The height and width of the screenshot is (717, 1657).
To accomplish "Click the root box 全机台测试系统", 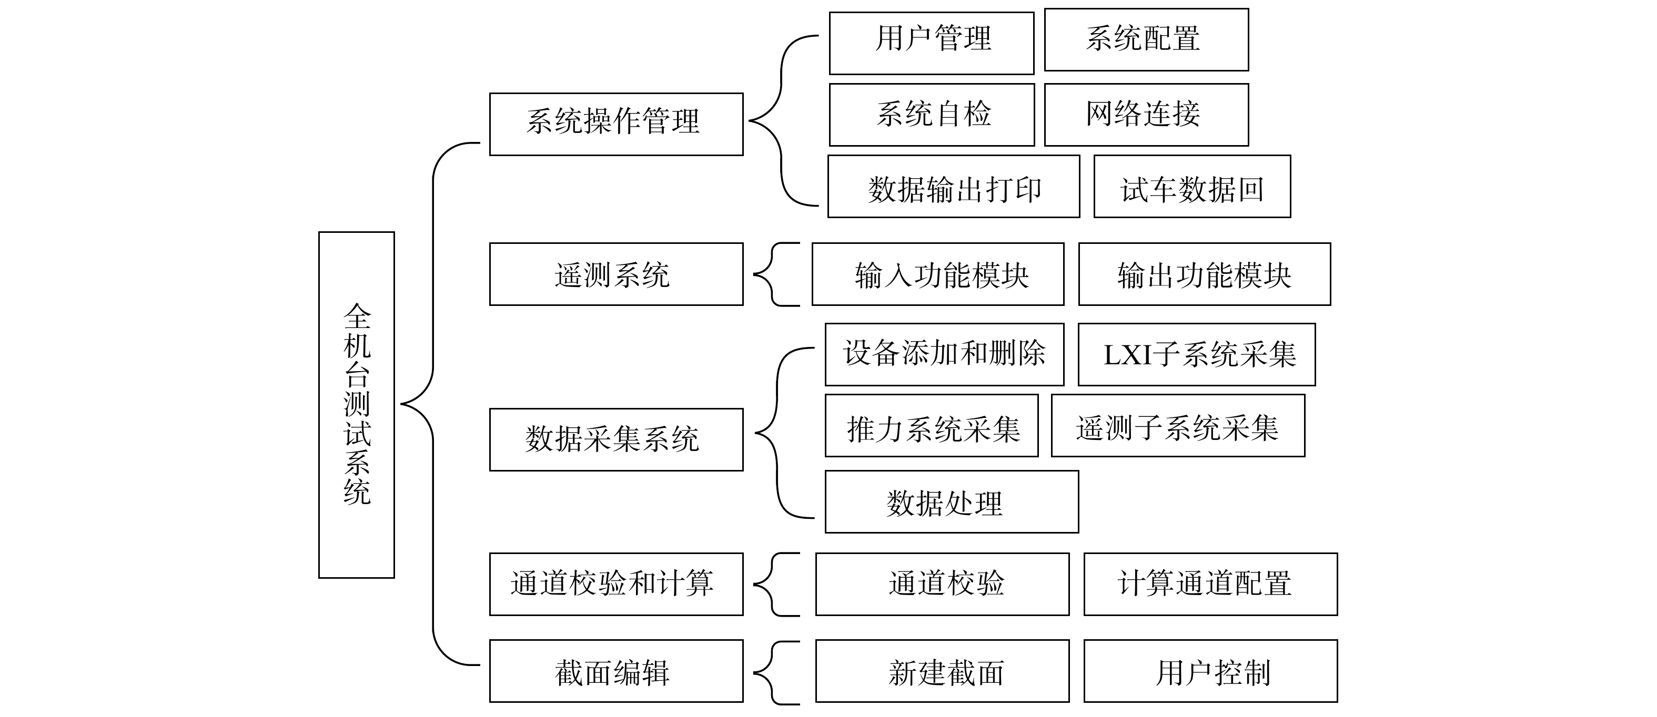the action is (x=356, y=404).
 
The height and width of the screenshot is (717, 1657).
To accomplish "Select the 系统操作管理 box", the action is (x=616, y=124).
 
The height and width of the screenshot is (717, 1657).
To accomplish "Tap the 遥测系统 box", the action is (x=616, y=274).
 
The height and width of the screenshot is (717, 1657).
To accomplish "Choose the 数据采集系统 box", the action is (x=616, y=440).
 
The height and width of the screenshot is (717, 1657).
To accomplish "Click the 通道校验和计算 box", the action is (x=616, y=584).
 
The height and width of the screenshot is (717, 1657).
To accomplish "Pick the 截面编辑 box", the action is (x=616, y=671).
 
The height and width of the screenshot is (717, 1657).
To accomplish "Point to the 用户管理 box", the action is (x=932, y=43).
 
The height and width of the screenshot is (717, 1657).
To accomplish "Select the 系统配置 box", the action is (x=1146, y=39).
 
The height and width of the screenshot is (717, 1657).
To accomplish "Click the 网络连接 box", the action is (x=1146, y=115).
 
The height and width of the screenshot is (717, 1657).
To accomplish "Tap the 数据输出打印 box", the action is (x=953, y=187).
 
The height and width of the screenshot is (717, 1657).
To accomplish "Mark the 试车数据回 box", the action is (x=1192, y=187).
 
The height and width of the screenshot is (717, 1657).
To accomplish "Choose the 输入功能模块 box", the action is (x=938, y=274).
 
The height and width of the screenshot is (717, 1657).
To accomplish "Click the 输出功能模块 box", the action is (x=1204, y=274).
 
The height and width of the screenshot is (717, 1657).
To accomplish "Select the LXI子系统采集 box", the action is (x=1196, y=354).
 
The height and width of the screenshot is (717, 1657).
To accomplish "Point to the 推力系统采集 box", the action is (x=932, y=426).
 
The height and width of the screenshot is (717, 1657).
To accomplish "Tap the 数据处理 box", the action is (x=952, y=501).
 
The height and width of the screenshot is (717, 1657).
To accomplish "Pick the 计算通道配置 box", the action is (x=1210, y=584).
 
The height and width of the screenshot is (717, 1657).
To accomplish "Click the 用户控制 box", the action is (x=1210, y=671).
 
